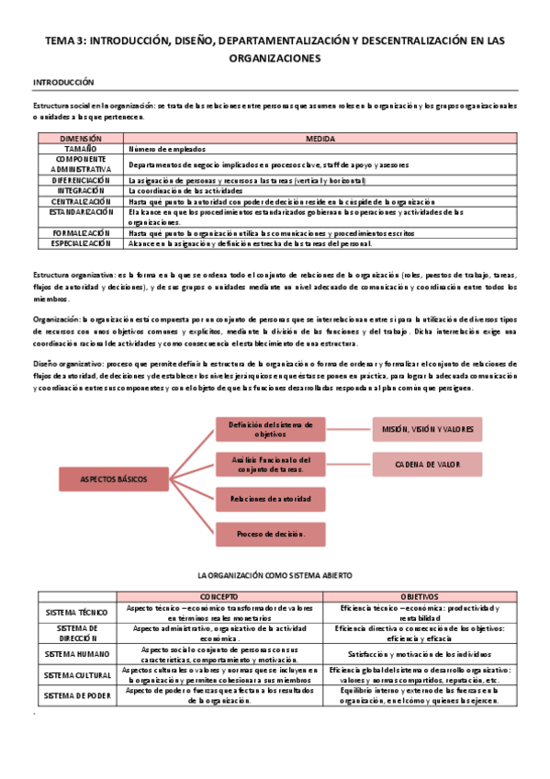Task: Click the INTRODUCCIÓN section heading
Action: coord(63,83)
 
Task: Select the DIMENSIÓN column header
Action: coord(80,138)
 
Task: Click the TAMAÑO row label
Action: coord(80,148)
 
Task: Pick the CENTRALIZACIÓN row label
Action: coord(80,200)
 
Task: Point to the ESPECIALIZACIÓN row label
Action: coord(80,243)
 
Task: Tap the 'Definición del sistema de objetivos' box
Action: coord(270,429)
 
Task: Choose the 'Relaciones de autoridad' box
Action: coord(270,499)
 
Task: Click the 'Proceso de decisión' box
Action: coord(270,534)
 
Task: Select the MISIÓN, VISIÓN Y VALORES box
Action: coord(427,429)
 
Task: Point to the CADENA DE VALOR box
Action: coord(427,465)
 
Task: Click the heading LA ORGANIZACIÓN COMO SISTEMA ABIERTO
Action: coord(275,575)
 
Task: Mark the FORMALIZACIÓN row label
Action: coord(80,233)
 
